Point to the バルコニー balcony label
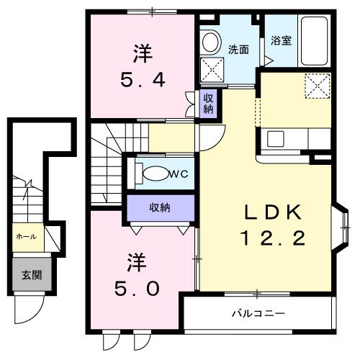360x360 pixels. click(x=258, y=313)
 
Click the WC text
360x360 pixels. click(x=179, y=174)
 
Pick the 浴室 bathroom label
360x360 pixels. click(x=282, y=41)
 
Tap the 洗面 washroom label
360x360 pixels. click(x=239, y=50)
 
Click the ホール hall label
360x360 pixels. click(x=26, y=235)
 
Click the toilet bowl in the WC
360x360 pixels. click(x=154, y=174)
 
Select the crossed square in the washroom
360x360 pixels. click(x=212, y=71)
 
